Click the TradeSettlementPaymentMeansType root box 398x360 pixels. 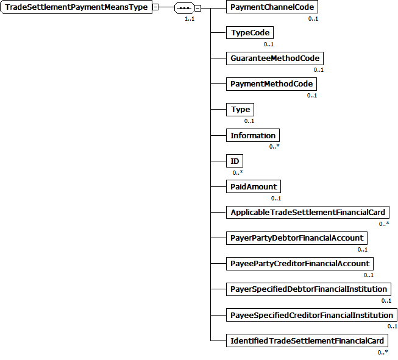point(76,7)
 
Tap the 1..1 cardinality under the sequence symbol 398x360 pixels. point(190,19)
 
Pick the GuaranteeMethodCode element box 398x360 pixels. point(274,58)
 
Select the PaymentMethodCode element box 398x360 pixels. point(271,84)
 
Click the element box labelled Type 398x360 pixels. point(240,110)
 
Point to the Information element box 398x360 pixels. point(253,135)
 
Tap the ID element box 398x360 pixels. point(234,161)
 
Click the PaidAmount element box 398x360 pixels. point(254,186)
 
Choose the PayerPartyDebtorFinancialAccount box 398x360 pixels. point(297,238)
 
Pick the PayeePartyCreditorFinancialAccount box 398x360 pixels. point(300,263)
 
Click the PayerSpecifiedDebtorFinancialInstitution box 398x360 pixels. point(309,289)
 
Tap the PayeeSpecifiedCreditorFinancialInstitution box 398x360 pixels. point(311,314)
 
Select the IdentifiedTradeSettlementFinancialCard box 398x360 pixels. point(307,340)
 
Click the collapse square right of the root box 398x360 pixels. point(156,7)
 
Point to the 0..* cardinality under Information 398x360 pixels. point(274,147)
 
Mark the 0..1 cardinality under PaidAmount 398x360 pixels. point(275,198)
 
